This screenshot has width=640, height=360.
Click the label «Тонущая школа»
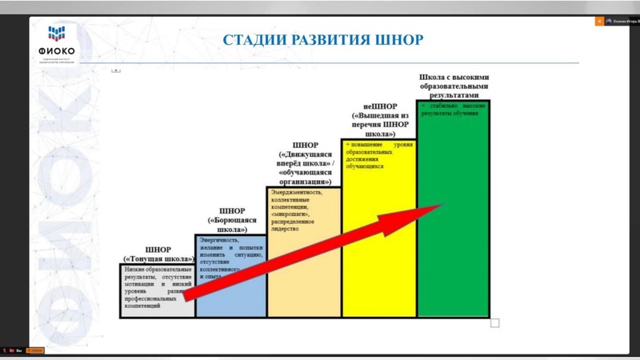pyautogui.click(x=159, y=258)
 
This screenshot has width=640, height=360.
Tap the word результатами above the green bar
pyautogui.click(x=454, y=94)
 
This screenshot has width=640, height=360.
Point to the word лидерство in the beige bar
pyautogui.click(x=286, y=228)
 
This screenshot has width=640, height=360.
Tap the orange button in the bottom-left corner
pyautogui.click(x=35, y=350)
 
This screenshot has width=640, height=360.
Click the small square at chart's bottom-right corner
pyautogui.click(x=494, y=322)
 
